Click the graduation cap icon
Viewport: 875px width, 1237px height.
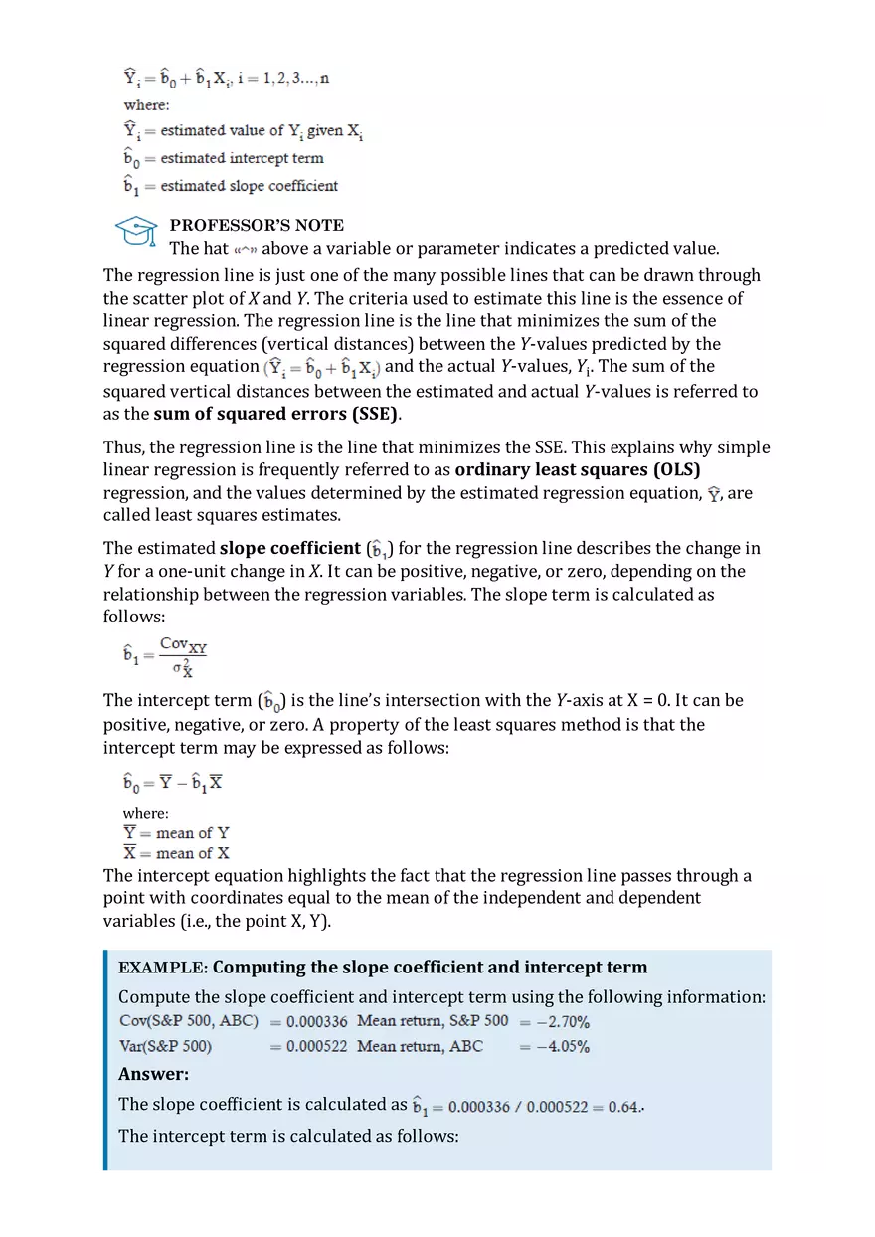click(x=136, y=234)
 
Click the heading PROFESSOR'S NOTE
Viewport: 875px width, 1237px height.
click(x=257, y=225)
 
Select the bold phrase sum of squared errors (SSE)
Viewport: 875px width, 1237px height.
click(x=275, y=414)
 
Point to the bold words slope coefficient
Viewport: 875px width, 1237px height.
click(x=289, y=548)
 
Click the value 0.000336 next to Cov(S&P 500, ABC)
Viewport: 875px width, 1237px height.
click(x=316, y=1021)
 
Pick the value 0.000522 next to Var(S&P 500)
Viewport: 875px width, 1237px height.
click(x=316, y=1046)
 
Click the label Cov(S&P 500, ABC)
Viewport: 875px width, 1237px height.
click(x=189, y=1021)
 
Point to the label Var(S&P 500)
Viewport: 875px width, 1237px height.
click(x=165, y=1046)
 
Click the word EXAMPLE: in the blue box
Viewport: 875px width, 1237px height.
click(x=163, y=968)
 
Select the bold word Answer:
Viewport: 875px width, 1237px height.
click(x=153, y=1074)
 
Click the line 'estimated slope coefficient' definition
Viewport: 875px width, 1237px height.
click(x=249, y=186)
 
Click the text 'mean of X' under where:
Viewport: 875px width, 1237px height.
click(x=192, y=853)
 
